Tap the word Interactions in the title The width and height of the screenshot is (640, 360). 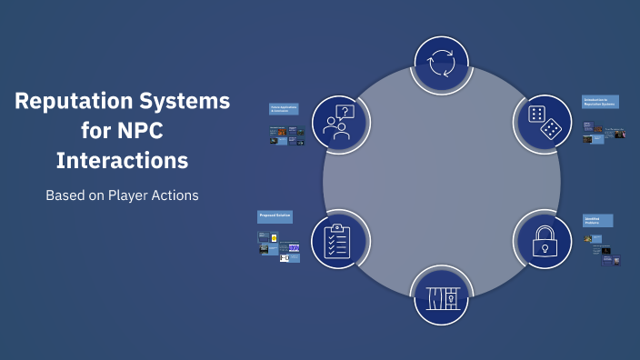pyautogui.click(x=122, y=161)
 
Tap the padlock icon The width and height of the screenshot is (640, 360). pyautogui.click(x=544, y=240)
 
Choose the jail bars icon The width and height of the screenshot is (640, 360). pyautogui.click(x=441, y=296)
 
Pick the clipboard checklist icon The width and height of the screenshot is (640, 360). pyautogui.click(x=338, y=239)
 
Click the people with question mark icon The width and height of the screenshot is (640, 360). pyautogui.click(x=337, y=123)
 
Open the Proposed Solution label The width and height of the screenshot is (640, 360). pyautogui.click(x=275, y=217)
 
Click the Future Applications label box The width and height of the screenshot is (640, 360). pyautogui.click(x=284, y=108)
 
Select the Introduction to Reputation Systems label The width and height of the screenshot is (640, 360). pyautogui.click(x=600, y=102)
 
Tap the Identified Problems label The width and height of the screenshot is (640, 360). pyautogui.click(x=597, y=220)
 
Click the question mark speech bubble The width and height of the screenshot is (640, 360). pyautogui.click(x=345, y=112)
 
